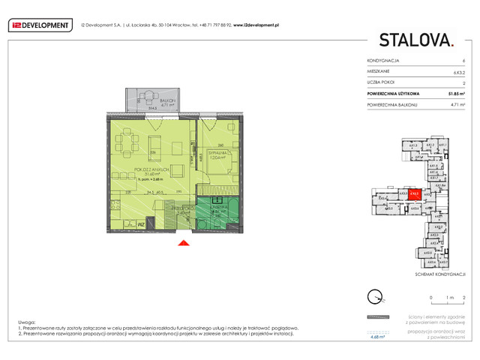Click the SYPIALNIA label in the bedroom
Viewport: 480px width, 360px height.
point(217,155)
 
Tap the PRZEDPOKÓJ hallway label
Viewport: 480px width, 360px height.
point(179,210)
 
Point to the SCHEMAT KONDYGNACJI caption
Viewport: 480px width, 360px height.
point(444,275)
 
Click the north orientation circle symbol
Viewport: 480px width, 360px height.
point(373,295)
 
